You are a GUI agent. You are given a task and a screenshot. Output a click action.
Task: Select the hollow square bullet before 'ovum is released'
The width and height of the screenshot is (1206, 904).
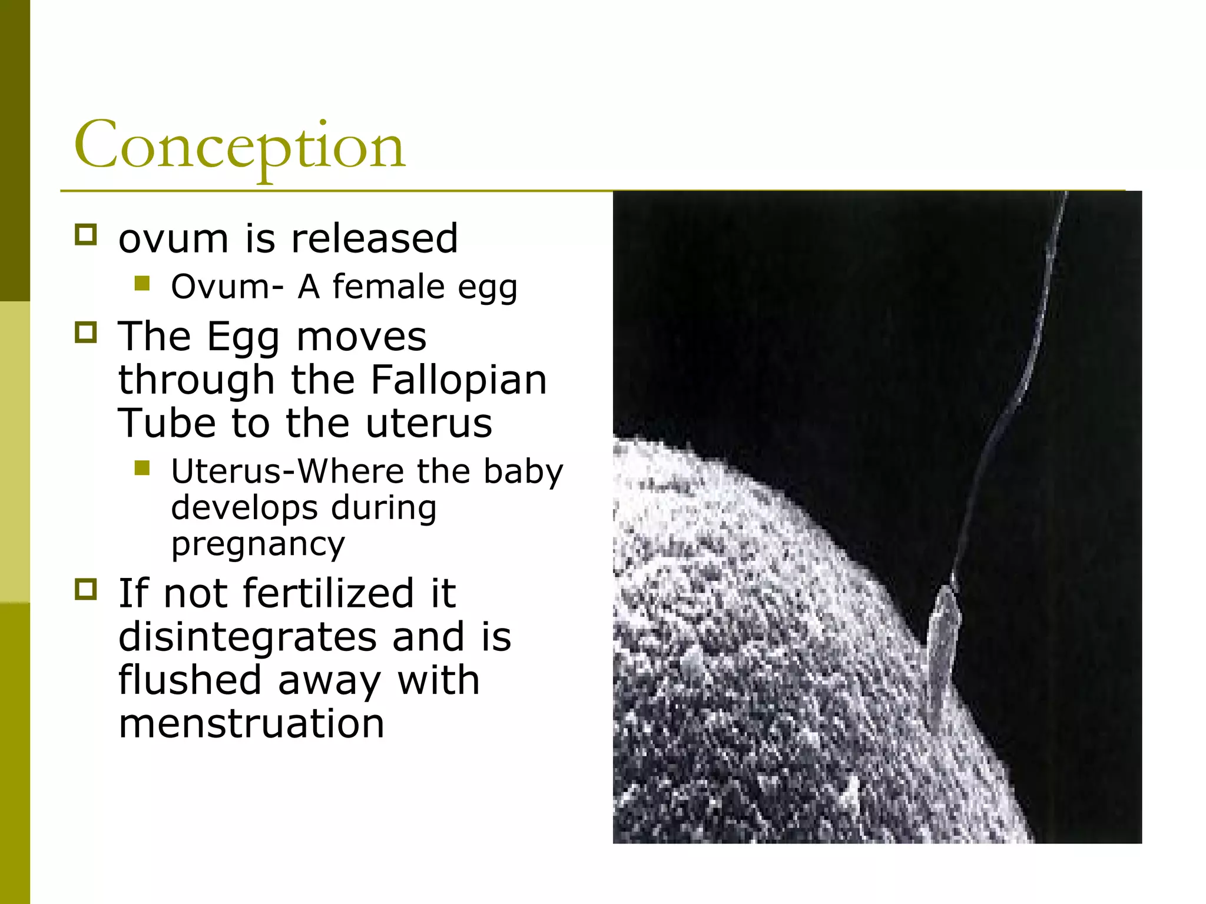(x=86, y=235)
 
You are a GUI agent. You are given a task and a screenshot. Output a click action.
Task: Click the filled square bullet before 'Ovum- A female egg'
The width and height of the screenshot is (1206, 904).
(x=142, y=284)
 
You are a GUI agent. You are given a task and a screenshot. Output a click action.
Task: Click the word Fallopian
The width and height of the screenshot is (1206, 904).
(x=459, y=380)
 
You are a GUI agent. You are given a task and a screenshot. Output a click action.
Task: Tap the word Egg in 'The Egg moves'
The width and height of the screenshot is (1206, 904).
(x=243, y=337)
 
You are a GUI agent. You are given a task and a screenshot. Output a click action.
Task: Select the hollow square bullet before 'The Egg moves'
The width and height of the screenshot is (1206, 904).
(x=86, y=333)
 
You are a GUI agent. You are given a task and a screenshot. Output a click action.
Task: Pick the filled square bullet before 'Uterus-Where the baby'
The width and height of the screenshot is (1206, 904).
(x=142, y=468)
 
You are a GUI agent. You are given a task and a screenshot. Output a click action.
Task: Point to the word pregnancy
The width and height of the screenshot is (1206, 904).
(x=258, y=544)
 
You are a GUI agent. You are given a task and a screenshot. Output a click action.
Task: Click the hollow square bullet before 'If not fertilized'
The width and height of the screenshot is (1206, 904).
(x=86, y=589)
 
